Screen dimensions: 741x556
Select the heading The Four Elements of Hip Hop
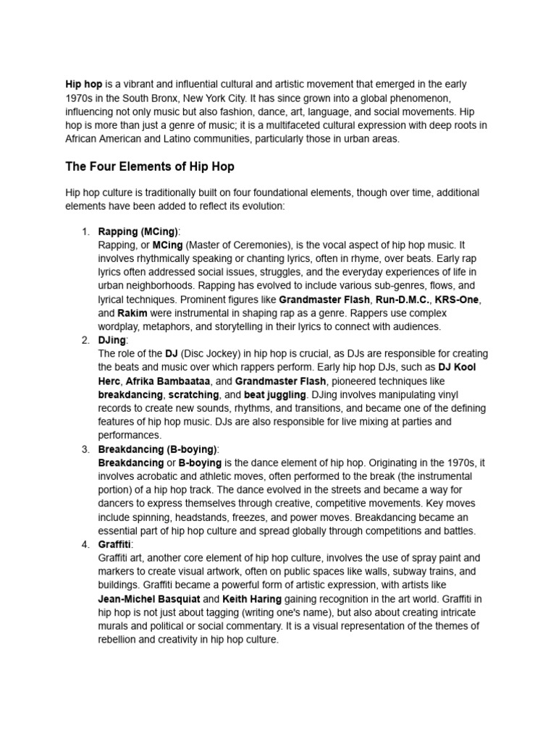[150, 166]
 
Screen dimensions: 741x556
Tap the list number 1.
[85, 232]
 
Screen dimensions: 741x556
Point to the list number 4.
[85, 544]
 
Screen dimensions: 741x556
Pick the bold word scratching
[193, 395]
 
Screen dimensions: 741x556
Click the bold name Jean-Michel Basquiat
[148, 599]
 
